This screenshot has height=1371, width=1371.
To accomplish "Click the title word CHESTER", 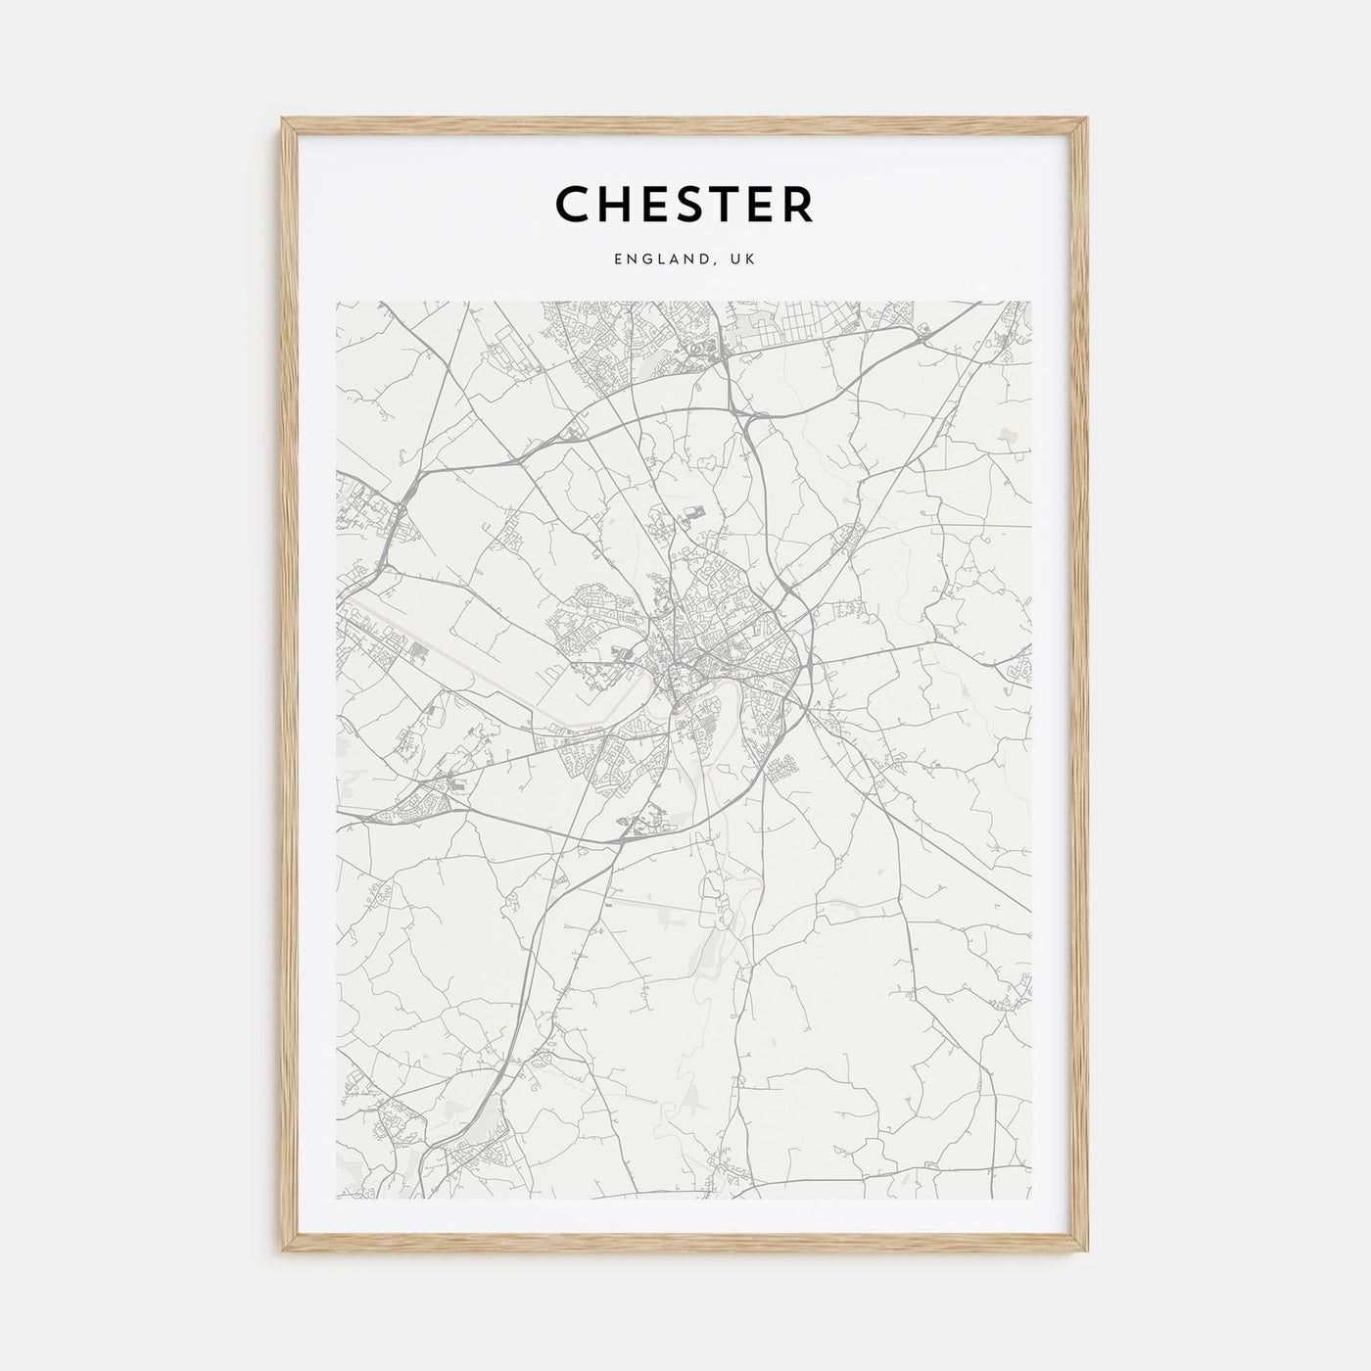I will pyautogui.click(x=685, y=204).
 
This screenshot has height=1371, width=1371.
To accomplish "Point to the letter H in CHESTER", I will pyautogui.click(x=617, y=204).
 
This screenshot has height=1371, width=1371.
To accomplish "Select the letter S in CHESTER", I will pyautogui.click(x=696, y=204).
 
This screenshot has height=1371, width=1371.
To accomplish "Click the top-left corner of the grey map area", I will pyautogui.click(x=337, y=302).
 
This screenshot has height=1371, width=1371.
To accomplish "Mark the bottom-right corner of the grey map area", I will pyautogui.click(x=1031, y=1198).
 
